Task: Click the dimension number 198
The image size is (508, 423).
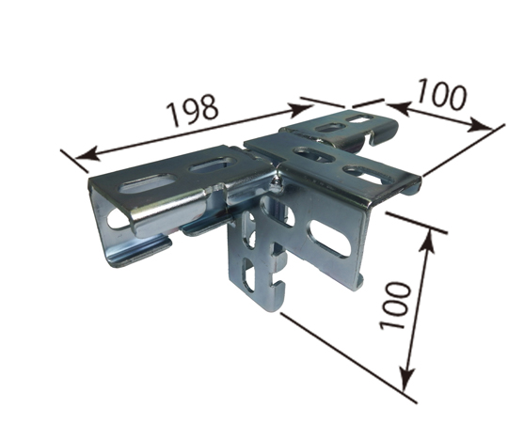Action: coord(193,110)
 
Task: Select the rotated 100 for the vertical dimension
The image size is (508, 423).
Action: coord(395,305)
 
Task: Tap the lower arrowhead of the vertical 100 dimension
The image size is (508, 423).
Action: coord(406,378)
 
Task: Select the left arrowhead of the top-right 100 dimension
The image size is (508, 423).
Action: coord(398,108)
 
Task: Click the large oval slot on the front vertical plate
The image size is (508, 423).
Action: coord(331,239)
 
